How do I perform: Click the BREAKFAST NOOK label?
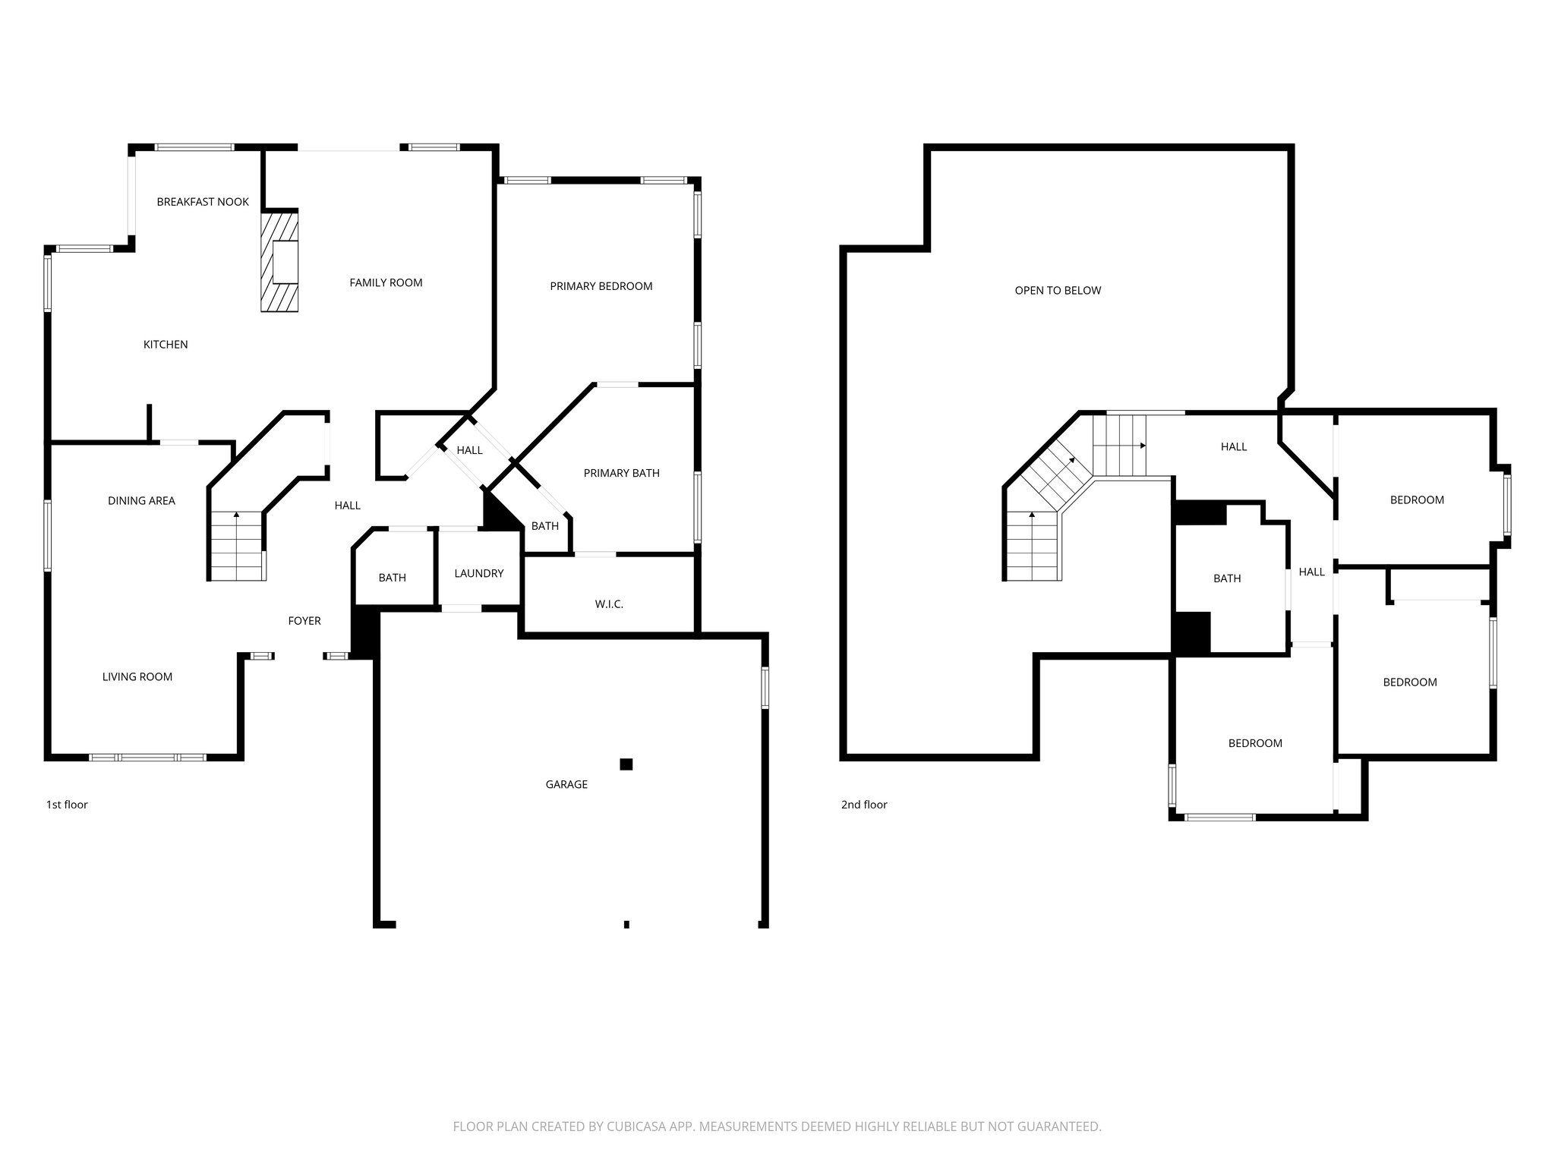[x=203, y=202]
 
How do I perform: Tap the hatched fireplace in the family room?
[x=279, y=262]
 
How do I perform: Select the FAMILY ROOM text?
[x=386, y=283]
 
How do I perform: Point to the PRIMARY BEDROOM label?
[x=601, y=286]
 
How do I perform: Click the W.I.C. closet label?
[x=609, y=604]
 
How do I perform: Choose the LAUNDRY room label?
[x=479, y=574]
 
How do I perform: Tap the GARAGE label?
[x=566, y=785]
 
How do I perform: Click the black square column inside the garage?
[x=626, y=764]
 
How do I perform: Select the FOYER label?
[x=304, y=621]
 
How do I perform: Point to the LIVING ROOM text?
[x=137, y=677]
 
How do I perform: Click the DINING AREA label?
[x=141, y=501]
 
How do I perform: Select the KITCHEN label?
[x=166, y=345]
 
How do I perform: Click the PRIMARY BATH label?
[x=621, y=474]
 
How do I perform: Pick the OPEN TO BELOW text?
[x=1058, y=291]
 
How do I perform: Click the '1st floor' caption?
[x=67, y=805]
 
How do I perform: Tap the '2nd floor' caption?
[x=864, y=805]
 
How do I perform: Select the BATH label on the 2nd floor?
[x=1227, y=579]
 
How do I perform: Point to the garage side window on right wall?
[x=765, y=688]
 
